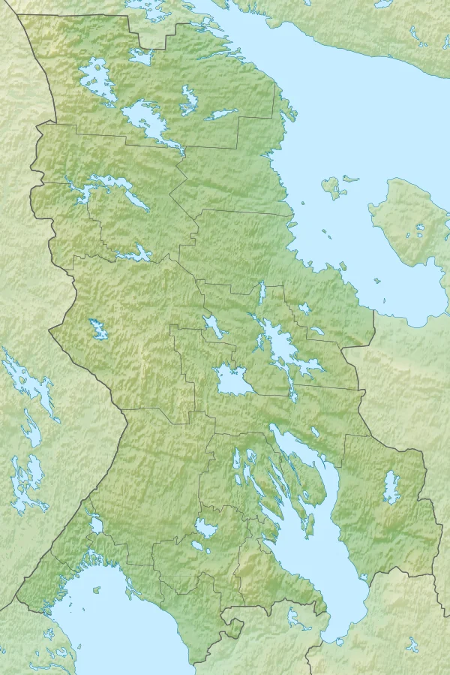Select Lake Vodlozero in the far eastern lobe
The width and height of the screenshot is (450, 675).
(x=391, y=488)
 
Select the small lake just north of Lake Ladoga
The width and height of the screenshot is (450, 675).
(x=97, y=524)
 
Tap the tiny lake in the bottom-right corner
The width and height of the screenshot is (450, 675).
(x=412, y=646)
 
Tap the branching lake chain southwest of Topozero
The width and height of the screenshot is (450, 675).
(x=109, y=188)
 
